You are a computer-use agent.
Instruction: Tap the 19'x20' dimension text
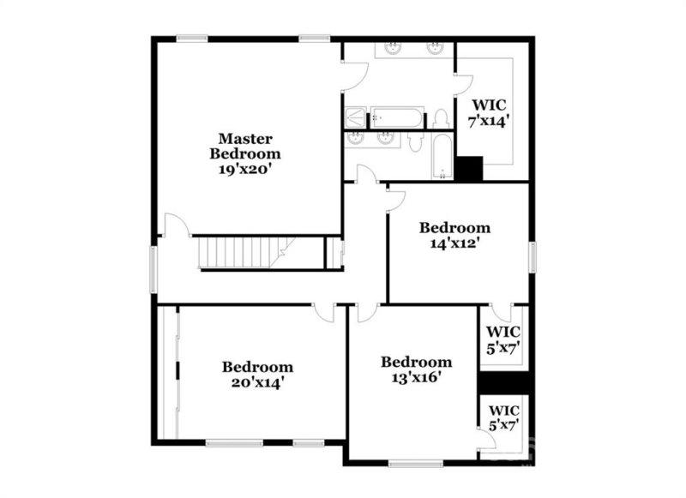coord(245,169)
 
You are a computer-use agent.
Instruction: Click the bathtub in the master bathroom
coord(395,117)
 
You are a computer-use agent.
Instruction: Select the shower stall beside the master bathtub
coord(355,117)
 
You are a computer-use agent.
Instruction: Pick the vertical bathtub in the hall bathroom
coord(442,158)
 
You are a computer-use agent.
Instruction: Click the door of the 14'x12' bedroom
coord(395,200)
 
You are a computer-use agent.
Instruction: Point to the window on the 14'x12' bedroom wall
coord(532,255)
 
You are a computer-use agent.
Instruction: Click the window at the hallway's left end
coord(155,268)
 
